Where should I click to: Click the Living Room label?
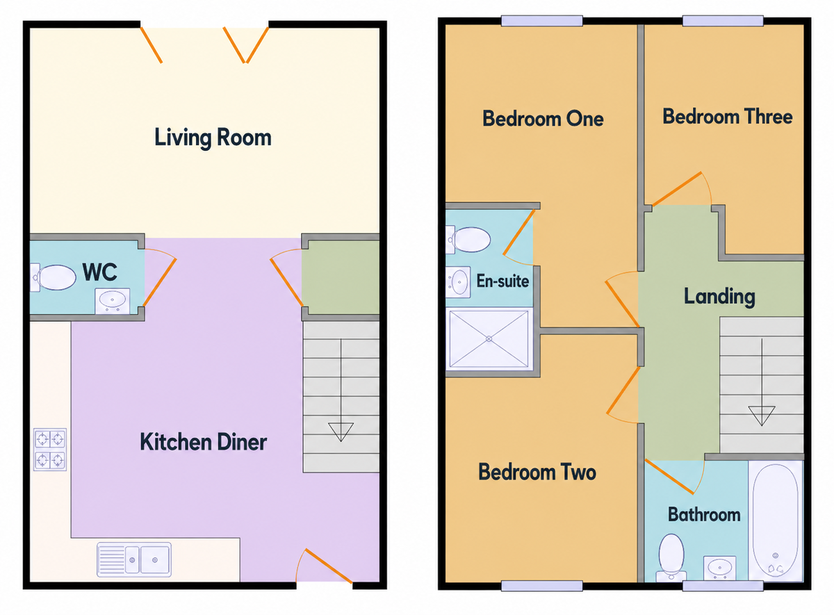point(213,137)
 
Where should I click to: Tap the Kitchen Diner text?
point(204,441)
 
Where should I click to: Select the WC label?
point(99,272)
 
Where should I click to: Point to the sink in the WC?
point(112,301)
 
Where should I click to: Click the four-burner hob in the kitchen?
point(50,449)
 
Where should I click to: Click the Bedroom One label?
point(542,118)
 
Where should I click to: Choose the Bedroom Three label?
point(727,116)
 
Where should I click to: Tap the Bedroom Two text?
point(537,473)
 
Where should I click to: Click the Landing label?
point(719,297)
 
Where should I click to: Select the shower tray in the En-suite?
point(489,339)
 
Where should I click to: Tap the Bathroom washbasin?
point(719,567)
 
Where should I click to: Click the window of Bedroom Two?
point(541,586)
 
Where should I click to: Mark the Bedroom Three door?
point(680,188)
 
